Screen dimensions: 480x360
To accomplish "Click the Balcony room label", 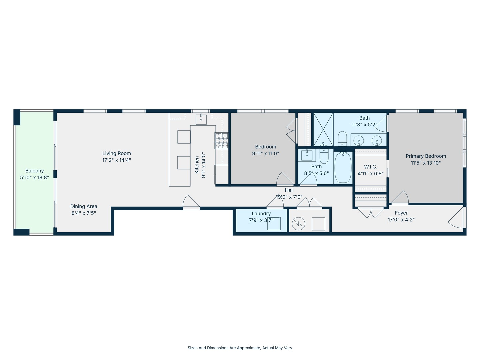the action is (x=35, y=171).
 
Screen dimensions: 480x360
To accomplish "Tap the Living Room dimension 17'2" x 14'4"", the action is (x=117, y=160).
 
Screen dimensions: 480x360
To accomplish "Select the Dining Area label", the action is (x=84, y=206).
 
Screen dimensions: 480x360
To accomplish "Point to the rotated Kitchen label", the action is (x=197, y=165).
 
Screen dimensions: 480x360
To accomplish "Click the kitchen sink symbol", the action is (x=201, y=119).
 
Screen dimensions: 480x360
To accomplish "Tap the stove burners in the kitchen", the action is (x=222, y=141).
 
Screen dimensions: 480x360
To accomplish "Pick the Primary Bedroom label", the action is (x=426, y=156).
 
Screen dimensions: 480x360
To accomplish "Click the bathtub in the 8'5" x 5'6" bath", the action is (x=343, y=167).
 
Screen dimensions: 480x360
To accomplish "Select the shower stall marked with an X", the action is (x=323, y=129).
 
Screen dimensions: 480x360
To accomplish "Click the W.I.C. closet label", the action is (x=371, y=167).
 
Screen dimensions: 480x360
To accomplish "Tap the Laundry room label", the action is (x=261, y=214).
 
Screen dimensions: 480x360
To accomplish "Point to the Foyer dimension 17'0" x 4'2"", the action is (x=401, y=220).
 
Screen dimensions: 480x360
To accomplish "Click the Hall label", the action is (x=289, y=190).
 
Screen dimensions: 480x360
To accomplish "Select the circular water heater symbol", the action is (x=298, y=224).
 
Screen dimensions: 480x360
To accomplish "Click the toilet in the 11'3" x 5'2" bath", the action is (x=342, y=139).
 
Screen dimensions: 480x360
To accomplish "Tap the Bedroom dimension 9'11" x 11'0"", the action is (x=265, y=154).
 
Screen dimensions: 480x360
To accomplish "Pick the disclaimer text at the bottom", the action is (x=240, y=348).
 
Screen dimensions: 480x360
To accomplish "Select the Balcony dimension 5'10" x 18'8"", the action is (x=35, y=177).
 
